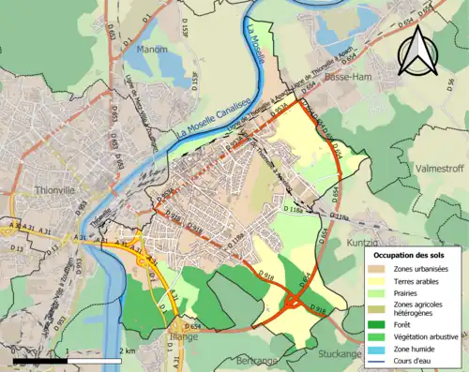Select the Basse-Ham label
(345, 79)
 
